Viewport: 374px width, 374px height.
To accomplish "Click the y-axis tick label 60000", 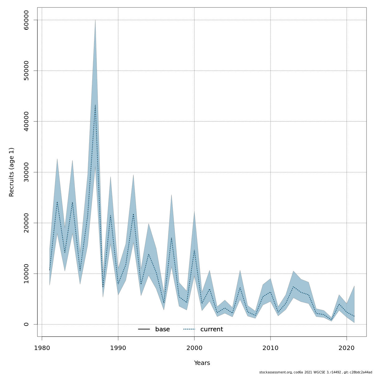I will pos(26,20).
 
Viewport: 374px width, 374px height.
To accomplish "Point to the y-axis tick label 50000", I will pos(26,71).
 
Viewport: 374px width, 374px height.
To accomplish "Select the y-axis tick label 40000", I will pos(26,122).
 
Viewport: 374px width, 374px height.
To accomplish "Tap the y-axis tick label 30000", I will pos(26,172).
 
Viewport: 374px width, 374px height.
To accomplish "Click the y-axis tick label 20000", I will pos(26,223).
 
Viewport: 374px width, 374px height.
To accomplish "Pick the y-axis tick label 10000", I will pos(26,274).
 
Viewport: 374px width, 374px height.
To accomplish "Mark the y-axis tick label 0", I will pos(26,324).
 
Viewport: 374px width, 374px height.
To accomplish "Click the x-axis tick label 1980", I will pos(42,348).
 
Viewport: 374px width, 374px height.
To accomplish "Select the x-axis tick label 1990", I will pos(118,348).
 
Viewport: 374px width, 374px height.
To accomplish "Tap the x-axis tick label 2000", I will pos(194,348).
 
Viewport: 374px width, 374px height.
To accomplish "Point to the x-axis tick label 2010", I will pos(271,348).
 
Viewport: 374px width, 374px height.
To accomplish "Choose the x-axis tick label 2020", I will pos(347,348).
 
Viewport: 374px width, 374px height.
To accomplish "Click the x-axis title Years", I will pos(202,363).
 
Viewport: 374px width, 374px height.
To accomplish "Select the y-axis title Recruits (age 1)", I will pos(12,172).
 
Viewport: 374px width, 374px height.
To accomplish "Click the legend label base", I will pos(162,329).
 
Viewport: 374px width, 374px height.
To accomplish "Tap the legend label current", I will pos(212,329).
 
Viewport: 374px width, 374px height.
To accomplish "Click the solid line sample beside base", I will pos(144,329).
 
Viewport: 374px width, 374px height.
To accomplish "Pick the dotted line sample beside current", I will pos(189,329).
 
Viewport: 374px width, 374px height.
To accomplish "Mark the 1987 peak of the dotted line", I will pos(95,105).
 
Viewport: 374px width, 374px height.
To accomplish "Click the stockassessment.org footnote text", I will pos(315,372).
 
